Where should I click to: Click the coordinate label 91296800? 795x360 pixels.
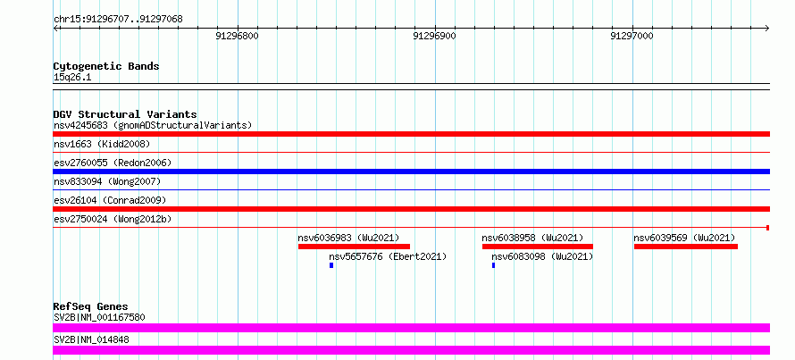coord(237,36)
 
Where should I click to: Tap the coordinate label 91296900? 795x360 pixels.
coord(434,36)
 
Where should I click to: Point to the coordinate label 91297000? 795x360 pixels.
coord(632,36)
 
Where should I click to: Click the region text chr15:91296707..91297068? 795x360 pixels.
coord(118,20)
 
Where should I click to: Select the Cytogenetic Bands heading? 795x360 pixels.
coord(106,66)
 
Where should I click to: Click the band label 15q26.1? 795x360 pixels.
coord(72,78)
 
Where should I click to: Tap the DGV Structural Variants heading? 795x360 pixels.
coord(125,114)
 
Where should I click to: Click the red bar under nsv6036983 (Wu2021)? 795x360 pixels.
coord(354,247)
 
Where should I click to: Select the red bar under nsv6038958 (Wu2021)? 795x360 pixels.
coord(538,247)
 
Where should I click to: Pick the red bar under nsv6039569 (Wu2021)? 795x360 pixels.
coord(686,247)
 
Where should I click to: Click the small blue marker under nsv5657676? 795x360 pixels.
coord(331,265)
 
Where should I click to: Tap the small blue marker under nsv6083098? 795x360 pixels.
coord(493,265)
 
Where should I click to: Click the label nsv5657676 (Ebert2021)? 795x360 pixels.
coord(388,257)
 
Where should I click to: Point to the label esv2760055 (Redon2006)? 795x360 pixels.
coord(113,163)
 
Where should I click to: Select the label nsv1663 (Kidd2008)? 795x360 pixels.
coord(102,144)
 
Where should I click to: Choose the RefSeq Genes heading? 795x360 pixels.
coord(91,306)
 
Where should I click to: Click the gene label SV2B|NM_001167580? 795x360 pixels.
coord(99,318)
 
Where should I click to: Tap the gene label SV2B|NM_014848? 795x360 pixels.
coord(91,339)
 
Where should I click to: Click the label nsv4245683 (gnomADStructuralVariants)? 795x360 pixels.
coord(153,125)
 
